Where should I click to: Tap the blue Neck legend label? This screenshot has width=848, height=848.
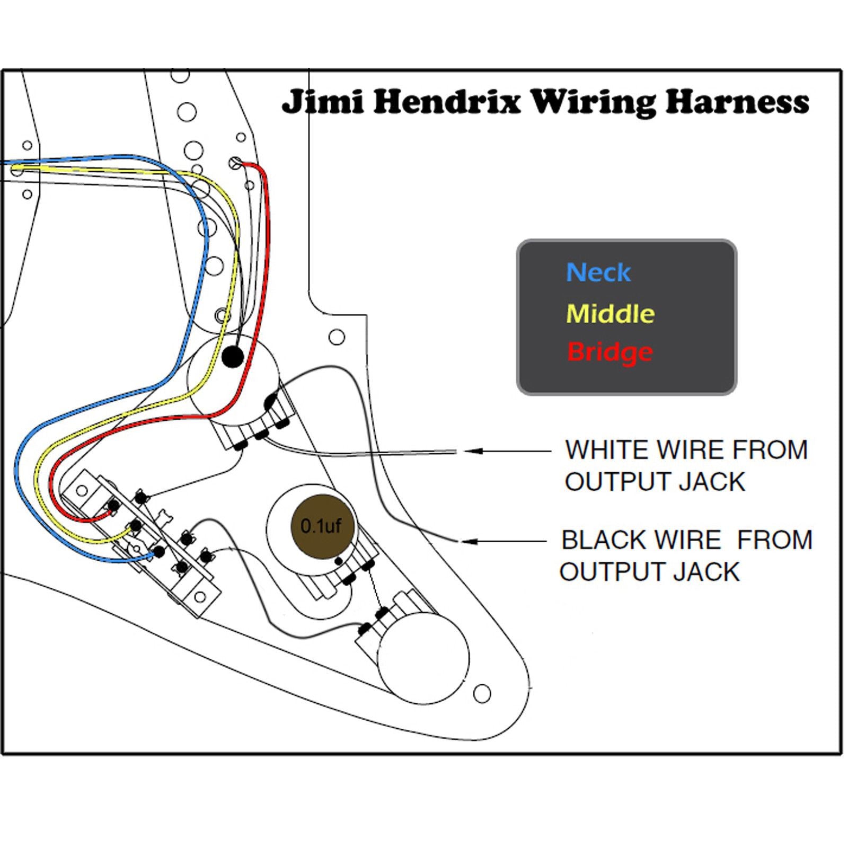click(598, 272)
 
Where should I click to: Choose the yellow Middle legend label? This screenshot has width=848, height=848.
click(611, 313)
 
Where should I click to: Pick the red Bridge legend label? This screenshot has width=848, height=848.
click(610, 352)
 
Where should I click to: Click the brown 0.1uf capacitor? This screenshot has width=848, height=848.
click(320, 526)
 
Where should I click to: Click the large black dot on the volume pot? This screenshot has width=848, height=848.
click(232, 356)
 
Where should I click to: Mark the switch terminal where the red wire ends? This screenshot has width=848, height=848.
click(112, 506)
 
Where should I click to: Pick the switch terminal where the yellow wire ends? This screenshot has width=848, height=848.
click(136, 526)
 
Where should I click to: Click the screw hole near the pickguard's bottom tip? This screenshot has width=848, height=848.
click(482, 693)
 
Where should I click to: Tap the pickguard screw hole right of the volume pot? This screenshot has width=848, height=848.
click(337, 337)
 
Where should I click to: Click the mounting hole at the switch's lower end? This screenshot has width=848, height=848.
click(200, 596)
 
